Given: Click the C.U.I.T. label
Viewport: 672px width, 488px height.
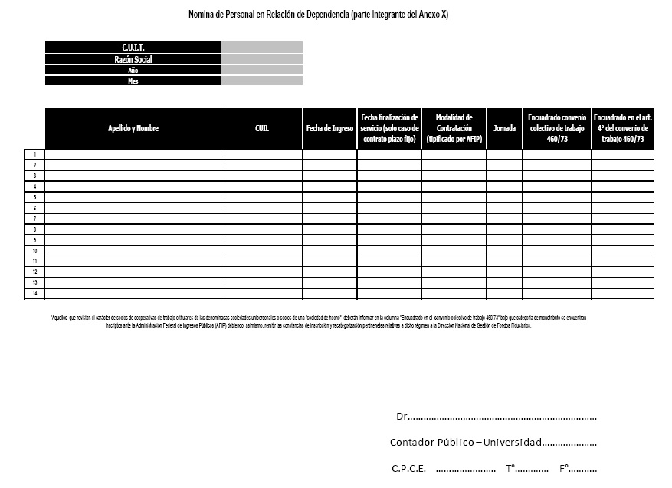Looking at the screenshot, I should (x=133, y=48).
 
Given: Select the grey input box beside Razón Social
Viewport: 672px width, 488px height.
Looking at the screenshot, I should (x=262, y=59).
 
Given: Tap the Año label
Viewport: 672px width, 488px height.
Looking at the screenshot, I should (x=133, y=70).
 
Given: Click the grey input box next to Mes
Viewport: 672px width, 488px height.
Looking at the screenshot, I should (x=262, y=81).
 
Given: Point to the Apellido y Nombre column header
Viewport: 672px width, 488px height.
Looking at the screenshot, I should (x=133, y=129).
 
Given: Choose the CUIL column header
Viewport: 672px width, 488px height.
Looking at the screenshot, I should (x=261, y=129).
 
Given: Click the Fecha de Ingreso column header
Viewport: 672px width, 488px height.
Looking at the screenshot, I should (x=329, y=129).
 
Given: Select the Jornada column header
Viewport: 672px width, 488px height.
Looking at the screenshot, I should (x=504, y=129).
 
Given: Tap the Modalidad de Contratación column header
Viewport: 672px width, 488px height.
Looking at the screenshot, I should (x=454, y=129).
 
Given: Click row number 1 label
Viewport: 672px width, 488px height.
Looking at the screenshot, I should (x=34, y=154).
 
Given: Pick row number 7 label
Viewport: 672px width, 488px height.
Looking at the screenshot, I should (x=34, y=219).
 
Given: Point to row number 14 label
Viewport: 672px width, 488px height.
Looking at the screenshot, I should (x=34, y=294).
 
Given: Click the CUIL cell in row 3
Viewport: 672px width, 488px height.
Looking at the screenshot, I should (x=261, y=176).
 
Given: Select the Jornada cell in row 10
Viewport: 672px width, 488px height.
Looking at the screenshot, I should (x=504, y=251).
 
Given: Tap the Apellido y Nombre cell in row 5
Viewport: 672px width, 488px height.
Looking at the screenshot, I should (x=133, y=197).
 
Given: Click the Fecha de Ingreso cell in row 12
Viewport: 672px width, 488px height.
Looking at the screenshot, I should (x=329, y=272).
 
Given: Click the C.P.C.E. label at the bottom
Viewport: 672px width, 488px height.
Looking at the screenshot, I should (x=408, y=469).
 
